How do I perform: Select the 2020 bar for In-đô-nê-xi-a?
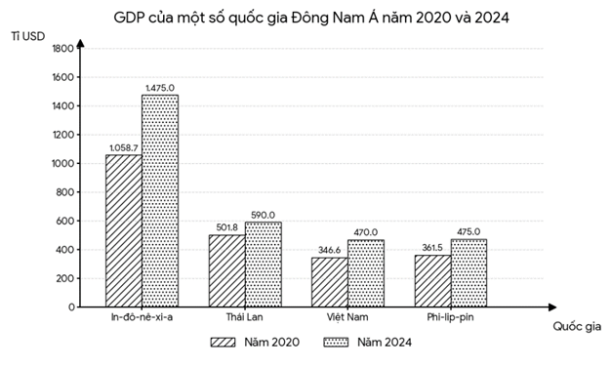coord(123,230)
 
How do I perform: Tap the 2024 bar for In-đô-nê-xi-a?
coord(159,200)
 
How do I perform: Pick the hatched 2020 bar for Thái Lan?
coord(226,270)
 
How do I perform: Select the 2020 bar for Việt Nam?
coord(330,282)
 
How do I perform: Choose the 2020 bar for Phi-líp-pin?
coord(433,280)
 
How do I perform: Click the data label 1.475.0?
coord(161,87)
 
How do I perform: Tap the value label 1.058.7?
coord(124,146)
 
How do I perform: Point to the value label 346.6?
coord(329,250)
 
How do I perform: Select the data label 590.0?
coord(264,215)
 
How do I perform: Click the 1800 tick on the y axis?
coord(61,48)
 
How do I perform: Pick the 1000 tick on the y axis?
coord(61,163)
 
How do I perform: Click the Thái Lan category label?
coord(244,318)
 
